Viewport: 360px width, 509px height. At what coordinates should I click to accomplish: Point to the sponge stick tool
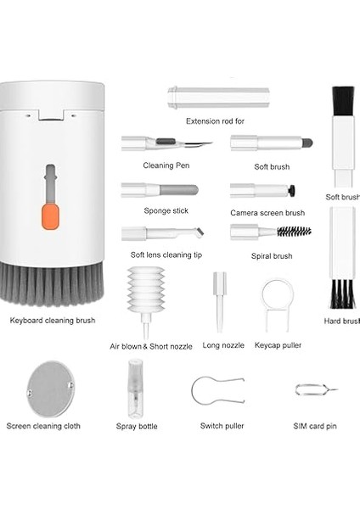[x=160, y=188]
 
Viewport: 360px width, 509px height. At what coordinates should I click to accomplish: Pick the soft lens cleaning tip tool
[x=161, y=232]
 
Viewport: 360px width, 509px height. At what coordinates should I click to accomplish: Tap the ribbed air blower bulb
[x=149, y=294]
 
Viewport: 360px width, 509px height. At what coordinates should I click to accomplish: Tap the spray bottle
[x=136, y=387]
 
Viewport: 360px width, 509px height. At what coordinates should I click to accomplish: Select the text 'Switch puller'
[x=222, y=426]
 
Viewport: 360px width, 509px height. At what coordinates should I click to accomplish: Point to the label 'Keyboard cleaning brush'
[x=53, y=321]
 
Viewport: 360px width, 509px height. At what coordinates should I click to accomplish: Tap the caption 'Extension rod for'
[x=215, y=121]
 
